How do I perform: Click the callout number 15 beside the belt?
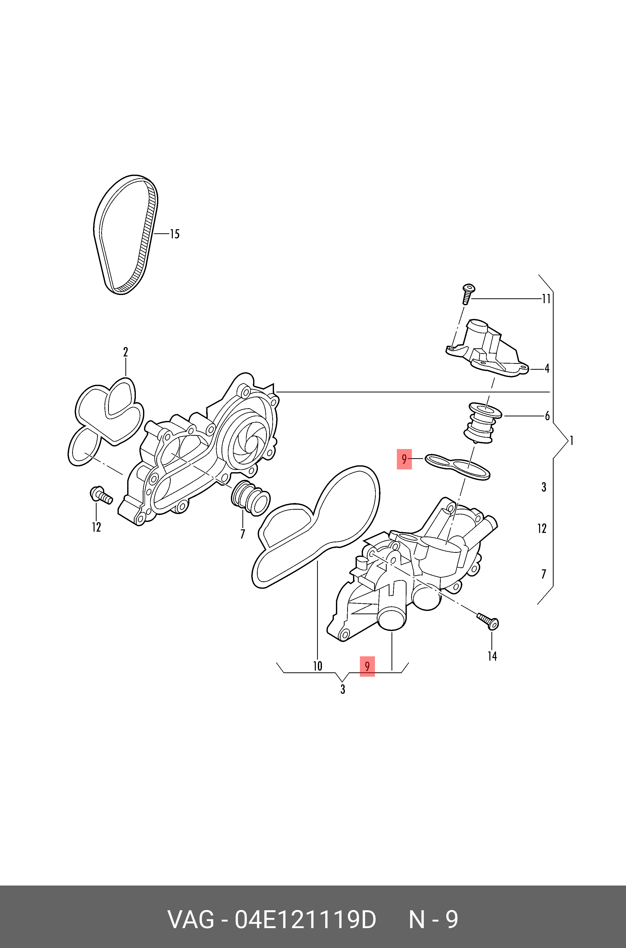175,234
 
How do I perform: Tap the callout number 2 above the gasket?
125,352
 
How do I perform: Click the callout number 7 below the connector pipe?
242,534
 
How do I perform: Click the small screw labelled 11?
467,293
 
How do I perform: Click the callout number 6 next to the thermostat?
547,416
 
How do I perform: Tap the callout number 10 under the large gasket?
317,666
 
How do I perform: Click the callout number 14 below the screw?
492,656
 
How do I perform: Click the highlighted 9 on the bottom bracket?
367,666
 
